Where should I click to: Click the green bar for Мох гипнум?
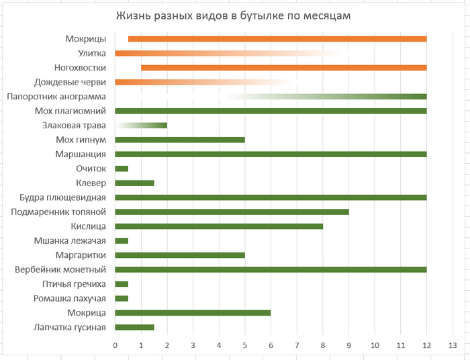(180, 140)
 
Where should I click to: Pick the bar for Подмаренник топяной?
(232, 212)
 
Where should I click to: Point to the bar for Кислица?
(219, 226)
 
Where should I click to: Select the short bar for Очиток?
(122, 169)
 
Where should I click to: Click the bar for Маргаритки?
(180, 255)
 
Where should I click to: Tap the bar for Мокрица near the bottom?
(193, 313)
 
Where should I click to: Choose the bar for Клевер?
(134, 183)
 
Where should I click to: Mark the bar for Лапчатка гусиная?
(134, 327)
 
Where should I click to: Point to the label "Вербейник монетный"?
(60, 269)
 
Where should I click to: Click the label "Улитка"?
(92, 53)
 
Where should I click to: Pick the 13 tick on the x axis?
(452, 345)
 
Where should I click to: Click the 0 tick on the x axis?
(115, 345)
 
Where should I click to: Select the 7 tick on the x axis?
(297, 345)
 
